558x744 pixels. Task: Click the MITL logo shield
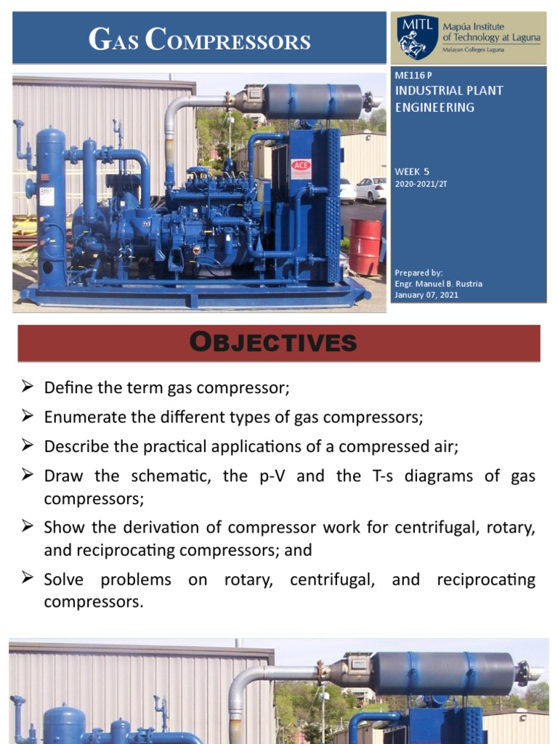coord(417,37)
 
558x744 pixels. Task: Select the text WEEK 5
coord(412,171)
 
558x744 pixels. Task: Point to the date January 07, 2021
coord(426,295)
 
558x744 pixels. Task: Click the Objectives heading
coord(278,342)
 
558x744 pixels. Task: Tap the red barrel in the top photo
coord(365,246)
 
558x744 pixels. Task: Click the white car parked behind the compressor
coord(370,190)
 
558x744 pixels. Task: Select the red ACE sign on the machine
coord(301,165)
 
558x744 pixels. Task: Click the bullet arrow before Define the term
coord(28,387)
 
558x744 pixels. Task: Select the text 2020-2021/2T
coord(421,185)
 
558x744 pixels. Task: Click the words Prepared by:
coord(418,273)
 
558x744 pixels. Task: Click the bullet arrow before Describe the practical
coord(28,446)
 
